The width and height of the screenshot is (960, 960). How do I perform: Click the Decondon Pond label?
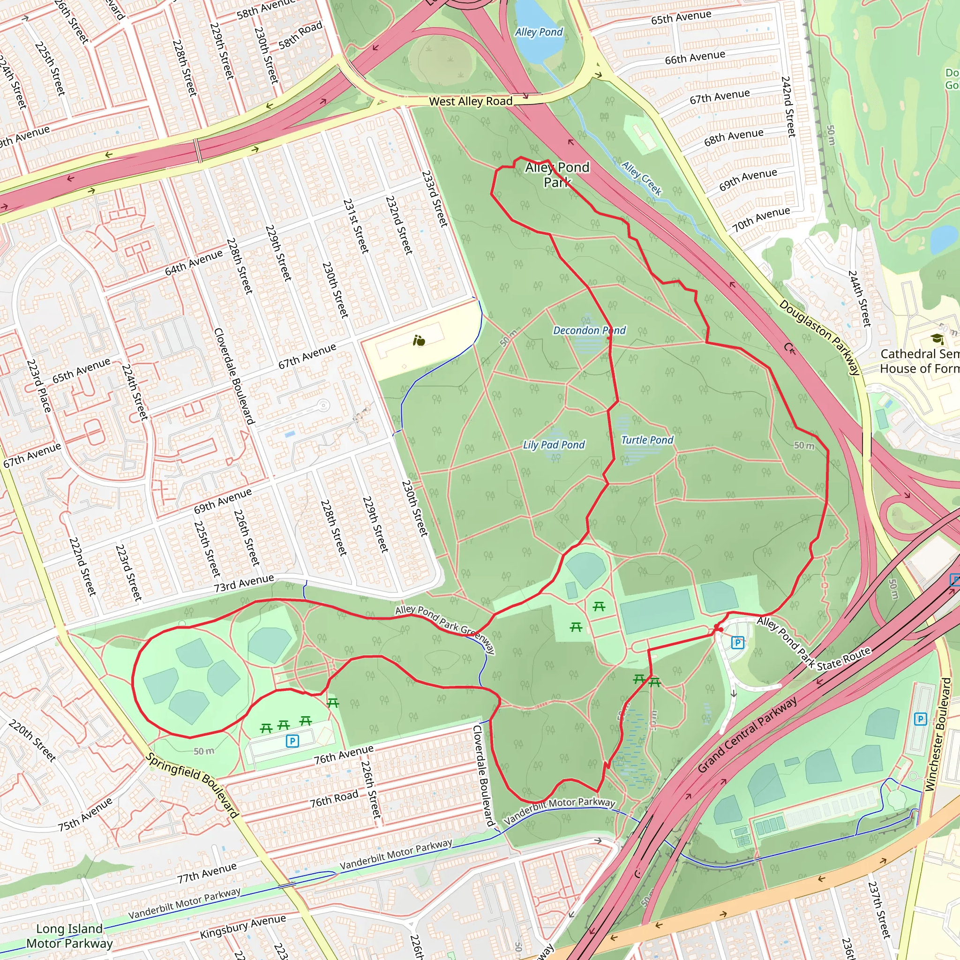pyautogui.click(x=589, y=330)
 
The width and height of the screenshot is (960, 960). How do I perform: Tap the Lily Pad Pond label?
pyautogui.click(x=554, y=445)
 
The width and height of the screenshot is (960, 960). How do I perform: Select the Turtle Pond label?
pyautogui.click(x=647, y=440)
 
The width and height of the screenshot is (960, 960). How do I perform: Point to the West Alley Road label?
pyautogui.click(x=470, y=101)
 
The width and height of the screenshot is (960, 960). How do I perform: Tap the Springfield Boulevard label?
pyautogui.click(x=192, y=786)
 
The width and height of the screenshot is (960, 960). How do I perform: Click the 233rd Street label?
pyautogui.click(x=435, y=199)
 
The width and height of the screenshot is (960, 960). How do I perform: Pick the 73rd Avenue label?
pyautogui.click(x=243, y=582)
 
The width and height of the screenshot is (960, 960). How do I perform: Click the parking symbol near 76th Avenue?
pyautogui.click(x=292, y=742)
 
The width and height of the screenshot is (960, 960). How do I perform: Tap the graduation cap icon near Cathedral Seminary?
pyautogui.click(x=937, y=339)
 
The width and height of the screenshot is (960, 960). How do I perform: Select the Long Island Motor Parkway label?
pyautogui.click(x=69, y=936)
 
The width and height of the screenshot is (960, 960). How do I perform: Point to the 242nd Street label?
pyautogui.click(x=788, y=106)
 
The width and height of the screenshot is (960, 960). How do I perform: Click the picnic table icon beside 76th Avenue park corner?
pyautogui.click(x=333, y=703)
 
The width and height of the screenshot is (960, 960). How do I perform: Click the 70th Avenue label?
pyautogui.click(x=761, y=219)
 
